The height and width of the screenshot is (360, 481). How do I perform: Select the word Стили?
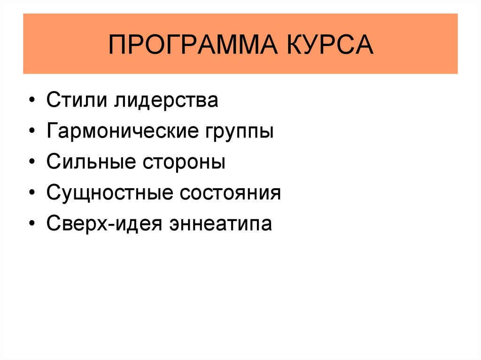point(77,101)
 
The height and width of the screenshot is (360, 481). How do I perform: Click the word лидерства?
point(165,101)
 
